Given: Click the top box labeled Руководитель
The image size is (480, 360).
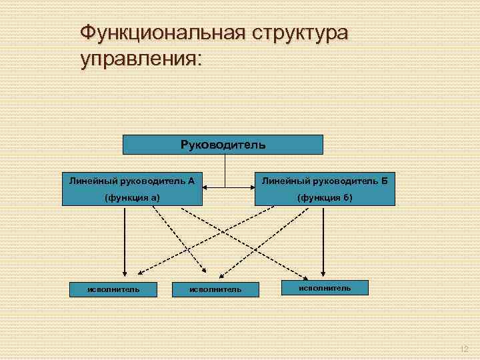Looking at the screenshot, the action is (x=223, y=145).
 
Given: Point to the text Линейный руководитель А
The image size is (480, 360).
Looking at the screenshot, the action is (x=132, y=180).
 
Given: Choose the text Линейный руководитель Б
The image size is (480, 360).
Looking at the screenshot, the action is (x=325, y=180).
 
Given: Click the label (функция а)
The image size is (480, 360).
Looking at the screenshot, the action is (x=132, y=197).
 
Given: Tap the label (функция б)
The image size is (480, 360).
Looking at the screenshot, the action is (x=325, y=197).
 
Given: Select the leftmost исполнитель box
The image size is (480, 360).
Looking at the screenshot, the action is (x=114, y=289).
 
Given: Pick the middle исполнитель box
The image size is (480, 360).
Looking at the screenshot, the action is (x=215, y=289).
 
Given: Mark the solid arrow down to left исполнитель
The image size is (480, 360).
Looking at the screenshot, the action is (x=124, y=240).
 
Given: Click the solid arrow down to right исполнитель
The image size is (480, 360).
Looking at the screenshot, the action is (x=323, y=240).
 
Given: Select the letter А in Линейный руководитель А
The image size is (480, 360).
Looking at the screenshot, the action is (x=191, y=180).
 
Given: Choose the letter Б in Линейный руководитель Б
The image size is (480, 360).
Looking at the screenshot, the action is (x=385, y=180).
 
